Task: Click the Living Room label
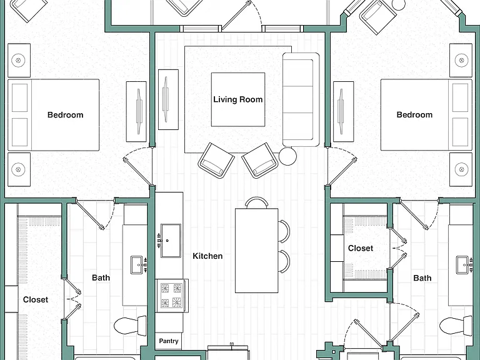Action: click(x=238, y=99)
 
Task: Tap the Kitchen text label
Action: click(x=207, y=256)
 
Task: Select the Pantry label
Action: click(x=169, y=341)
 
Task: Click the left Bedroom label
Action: click(x=65, y=115)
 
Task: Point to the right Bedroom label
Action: click(x=414, y=115)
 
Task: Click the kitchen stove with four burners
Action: click(x=171, y=296)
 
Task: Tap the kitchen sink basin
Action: click(x=171, y=241)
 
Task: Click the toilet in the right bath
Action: click(x=456, y=326)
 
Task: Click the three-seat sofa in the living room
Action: click(x=301, y=99)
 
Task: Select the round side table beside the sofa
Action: click(x=287, y=156)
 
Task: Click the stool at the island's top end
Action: click(x=256, y=202)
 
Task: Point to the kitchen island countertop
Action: click(x=256, y=251)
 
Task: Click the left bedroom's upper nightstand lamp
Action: click(x=18, y=60)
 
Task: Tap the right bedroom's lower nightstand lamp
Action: click(x=462, y=169)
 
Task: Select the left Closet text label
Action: click(x=36, y=300)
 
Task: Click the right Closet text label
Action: click(x=361, y=248)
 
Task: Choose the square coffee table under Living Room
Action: click(x=238, y=99)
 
